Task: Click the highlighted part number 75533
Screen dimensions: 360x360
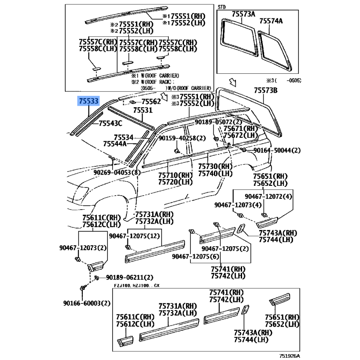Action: [89, 101]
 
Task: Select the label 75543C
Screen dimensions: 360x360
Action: [110, 123]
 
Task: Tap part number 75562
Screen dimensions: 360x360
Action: [151, 102]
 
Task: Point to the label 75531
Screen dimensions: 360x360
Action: [143, 110]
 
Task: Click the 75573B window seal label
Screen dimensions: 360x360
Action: [265, 90]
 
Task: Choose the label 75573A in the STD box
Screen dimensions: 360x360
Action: [243, 14]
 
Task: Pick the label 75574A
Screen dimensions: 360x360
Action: [271, 21]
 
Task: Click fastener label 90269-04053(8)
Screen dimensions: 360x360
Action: [117, 172]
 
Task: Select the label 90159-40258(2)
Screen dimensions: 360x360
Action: [182, 138]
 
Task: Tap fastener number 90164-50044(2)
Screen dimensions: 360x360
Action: [277, 150]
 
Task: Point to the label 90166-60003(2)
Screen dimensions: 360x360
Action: [87, 303]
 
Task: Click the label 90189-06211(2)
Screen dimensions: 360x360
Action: [130, 278]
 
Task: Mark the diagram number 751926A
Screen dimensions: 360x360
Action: [289, 356]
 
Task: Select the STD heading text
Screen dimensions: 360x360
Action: [221, 7]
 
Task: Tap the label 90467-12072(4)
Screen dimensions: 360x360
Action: [268, 197]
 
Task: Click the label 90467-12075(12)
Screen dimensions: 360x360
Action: [134, 236]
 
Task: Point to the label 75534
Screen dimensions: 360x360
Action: [123, 138]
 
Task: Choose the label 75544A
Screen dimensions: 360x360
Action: [115, 144]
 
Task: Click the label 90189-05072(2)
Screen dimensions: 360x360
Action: [218, 122]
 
